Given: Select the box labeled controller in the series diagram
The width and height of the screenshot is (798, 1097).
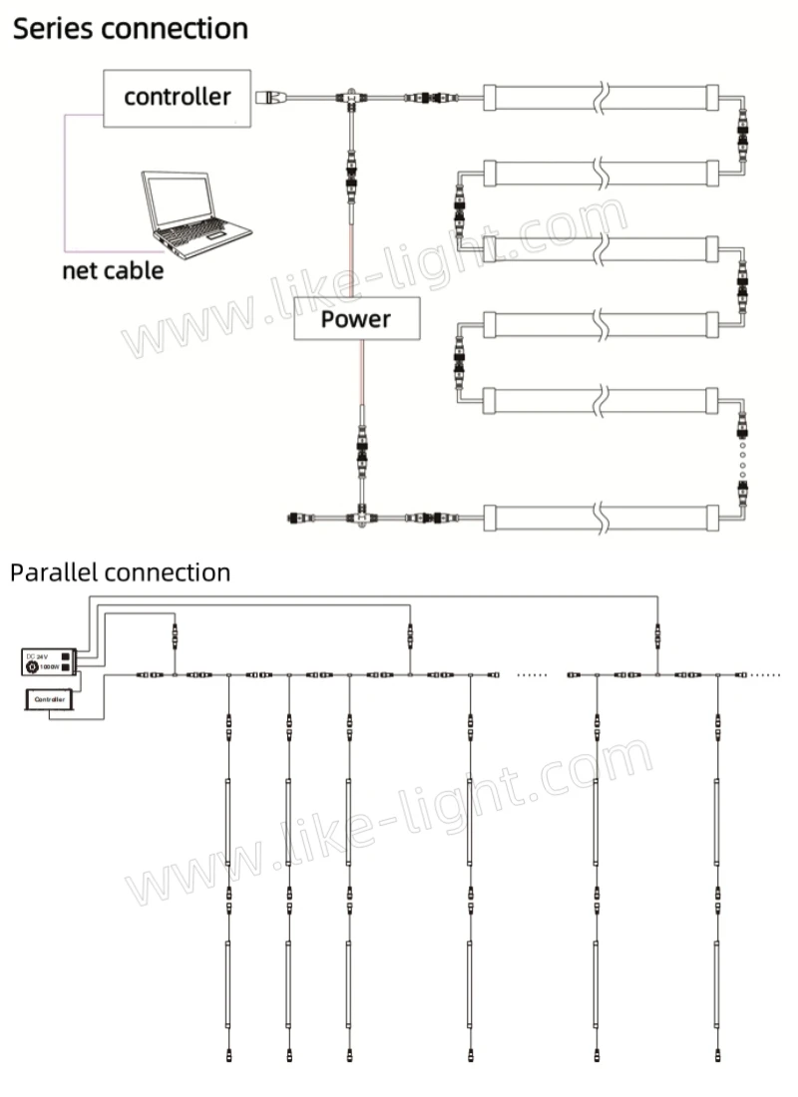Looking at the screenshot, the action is click(x=177, y=97).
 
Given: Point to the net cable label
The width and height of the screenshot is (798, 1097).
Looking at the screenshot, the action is click(x=113, y=270).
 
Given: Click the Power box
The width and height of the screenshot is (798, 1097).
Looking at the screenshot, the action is click(x=356, y=320).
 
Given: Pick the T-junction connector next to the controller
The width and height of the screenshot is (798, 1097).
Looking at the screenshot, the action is click(x=352, y=98).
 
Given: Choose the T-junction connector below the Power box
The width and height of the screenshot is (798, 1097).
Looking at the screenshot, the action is click(x=356, y=518).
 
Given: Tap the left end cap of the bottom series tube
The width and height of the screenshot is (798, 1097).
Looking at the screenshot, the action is click(x=490, y=518).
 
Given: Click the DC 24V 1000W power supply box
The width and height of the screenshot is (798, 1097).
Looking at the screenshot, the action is click(x=48, y=660).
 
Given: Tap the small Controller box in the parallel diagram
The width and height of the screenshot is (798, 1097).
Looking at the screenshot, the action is click(x=49, y=700).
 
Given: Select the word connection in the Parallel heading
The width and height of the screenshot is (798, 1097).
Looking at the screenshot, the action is click(x=168, y=572).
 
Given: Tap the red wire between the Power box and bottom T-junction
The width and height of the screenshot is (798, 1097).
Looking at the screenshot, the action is click(x=361, y=374).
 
